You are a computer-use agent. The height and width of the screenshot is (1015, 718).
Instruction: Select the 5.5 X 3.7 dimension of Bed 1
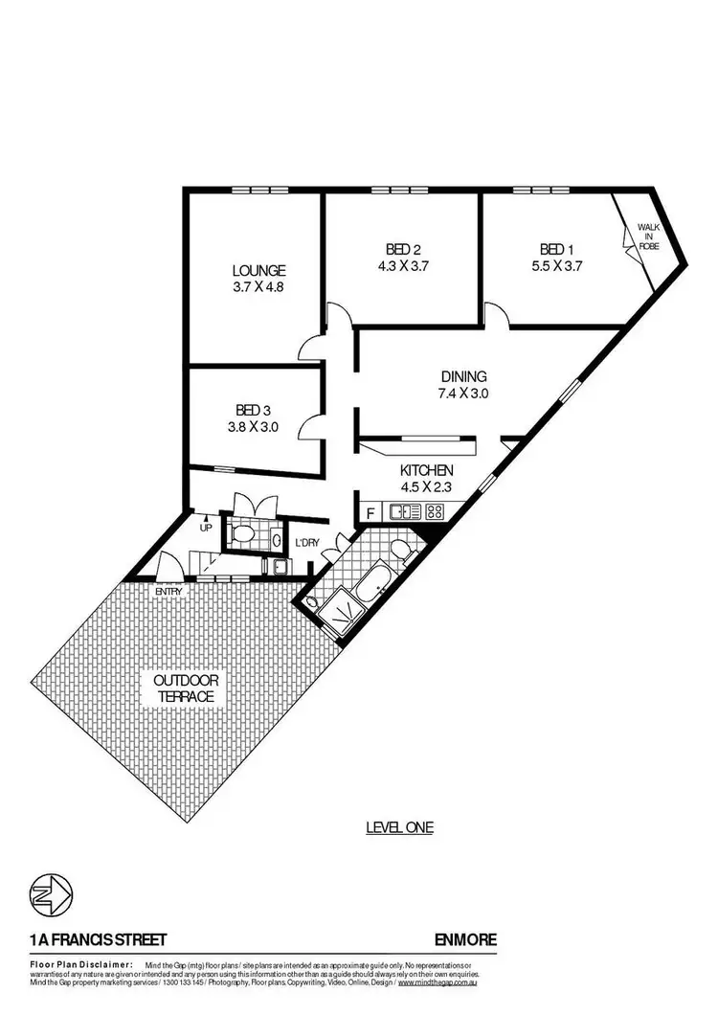[x=557, y=267]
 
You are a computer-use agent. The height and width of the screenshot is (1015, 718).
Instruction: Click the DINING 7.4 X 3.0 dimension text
[x=464, y=394]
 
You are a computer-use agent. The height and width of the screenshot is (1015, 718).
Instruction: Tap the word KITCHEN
[x=427, y=471]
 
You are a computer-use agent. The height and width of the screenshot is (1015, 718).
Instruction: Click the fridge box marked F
[x=370, y=513]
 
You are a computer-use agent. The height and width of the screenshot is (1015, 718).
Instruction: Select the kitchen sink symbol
[x=405, y=512]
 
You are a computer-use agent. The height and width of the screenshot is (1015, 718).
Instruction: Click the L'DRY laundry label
[x=306, y=543]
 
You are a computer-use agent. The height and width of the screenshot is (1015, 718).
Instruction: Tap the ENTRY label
[x=169, y=591]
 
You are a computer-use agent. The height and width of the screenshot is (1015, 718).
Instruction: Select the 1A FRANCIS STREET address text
[x=87, y=940]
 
